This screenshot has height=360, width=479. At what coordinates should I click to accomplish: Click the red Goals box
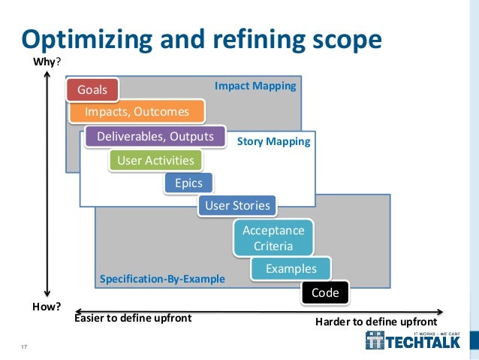(92, 90)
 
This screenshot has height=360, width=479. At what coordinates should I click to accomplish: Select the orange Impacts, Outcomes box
(137, 112)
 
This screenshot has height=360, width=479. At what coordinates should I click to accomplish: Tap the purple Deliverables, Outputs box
(155, 136)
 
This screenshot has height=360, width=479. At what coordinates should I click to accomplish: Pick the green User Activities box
(156, 159)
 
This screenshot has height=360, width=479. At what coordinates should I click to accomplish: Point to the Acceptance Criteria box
(273, 238)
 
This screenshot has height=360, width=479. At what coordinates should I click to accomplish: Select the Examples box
(291, 268)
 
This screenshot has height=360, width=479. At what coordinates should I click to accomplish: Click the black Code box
(325, 292)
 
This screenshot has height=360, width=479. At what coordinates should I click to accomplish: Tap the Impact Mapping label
(255, 86)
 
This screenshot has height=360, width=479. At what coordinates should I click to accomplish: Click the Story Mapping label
(273, 141)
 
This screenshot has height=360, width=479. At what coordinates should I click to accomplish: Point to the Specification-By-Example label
(162, 279)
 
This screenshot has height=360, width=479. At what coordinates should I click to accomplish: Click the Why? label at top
(47, 62)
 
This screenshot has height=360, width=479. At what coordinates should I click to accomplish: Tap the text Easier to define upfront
(134, 318)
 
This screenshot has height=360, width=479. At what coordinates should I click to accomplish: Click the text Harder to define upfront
(376, 322)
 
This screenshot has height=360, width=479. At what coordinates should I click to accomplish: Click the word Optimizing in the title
(90, 39)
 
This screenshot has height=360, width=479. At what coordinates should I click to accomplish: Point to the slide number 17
(25, 346)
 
